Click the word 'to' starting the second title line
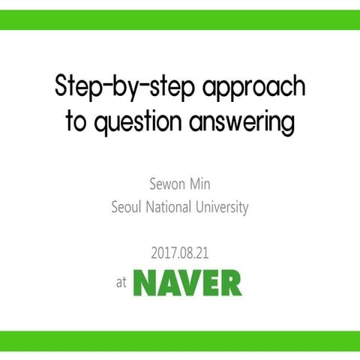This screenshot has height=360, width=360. click(76, 122)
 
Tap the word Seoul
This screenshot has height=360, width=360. click(126, 207)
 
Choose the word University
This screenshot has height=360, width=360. click(224, 207)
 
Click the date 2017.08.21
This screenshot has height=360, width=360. click(180, 253)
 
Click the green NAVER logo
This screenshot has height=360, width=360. click(187, 282)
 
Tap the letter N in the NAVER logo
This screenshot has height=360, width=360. click(146, 282)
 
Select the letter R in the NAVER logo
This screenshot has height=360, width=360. click(230, 282)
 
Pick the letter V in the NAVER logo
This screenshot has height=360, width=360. click(188, 282)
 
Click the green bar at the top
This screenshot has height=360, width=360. click(180, 19)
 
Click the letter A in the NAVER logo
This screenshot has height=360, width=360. click(167, 282)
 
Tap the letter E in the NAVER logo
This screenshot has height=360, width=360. click(209, 282)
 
